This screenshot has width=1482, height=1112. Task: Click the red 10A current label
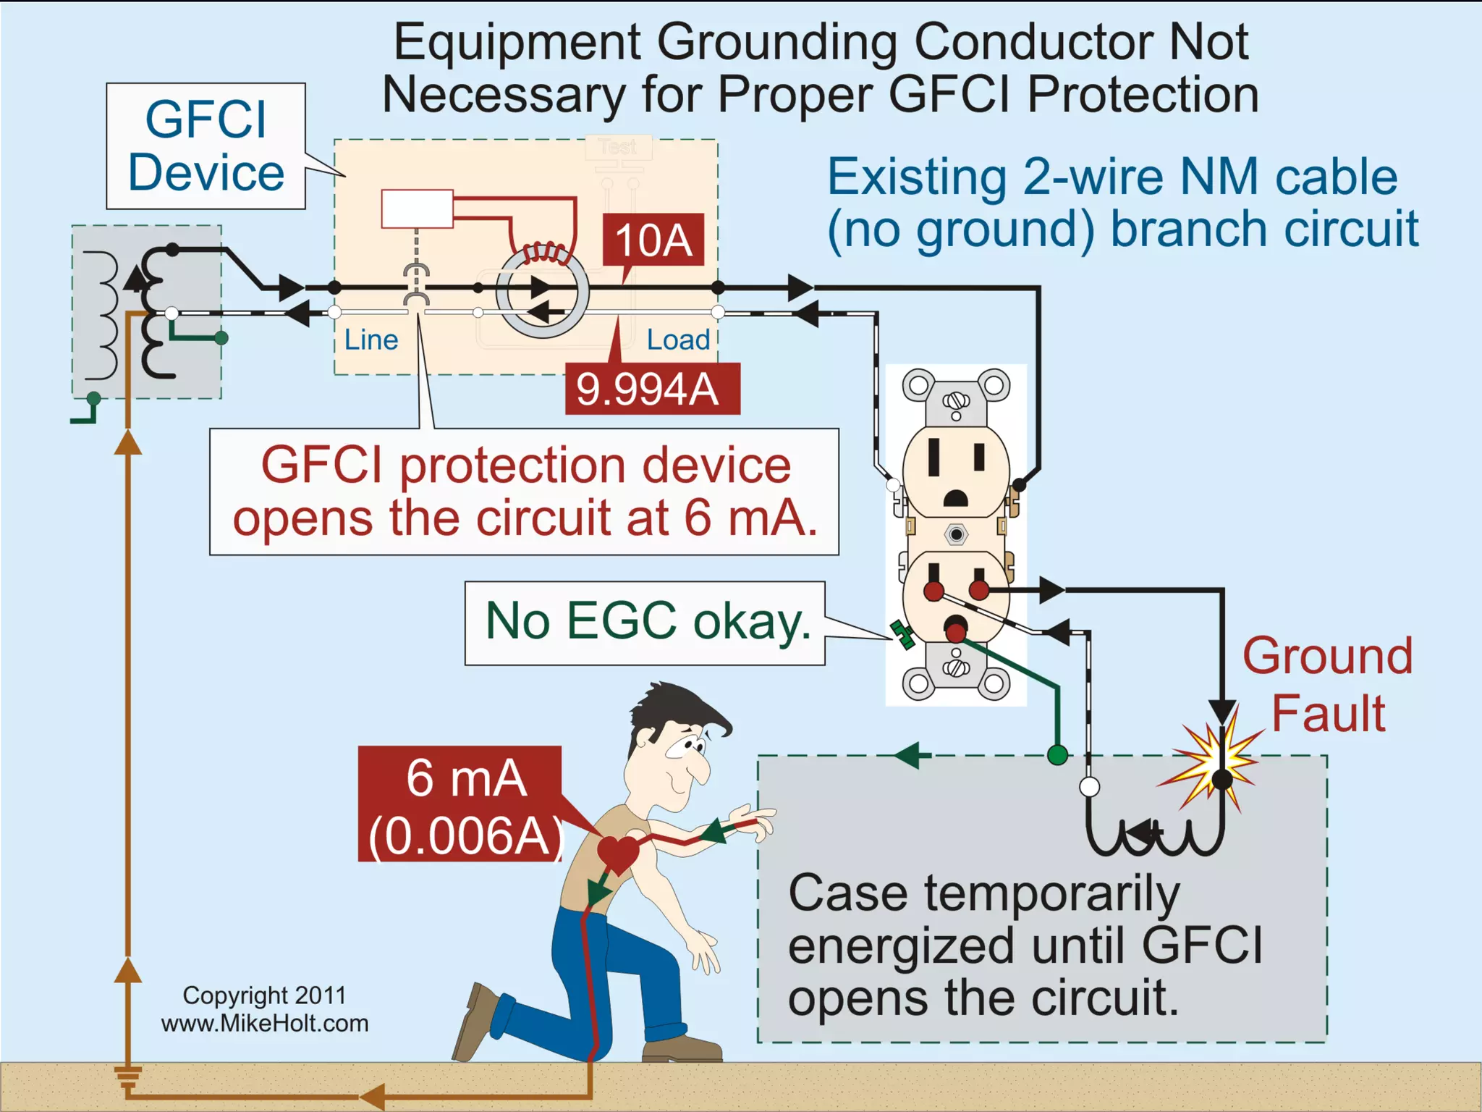[653, 240]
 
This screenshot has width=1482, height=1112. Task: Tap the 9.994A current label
[651, 389]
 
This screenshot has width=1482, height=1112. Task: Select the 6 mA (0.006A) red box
[461, 804]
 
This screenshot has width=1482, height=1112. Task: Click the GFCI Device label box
[206, 146]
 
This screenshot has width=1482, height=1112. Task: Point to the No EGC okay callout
[645, 623]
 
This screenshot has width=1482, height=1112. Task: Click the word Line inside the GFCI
[370, 340]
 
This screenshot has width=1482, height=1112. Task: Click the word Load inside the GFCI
[678, 340]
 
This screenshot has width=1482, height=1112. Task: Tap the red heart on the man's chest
[617, 853]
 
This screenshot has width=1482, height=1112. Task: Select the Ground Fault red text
[1328, 684]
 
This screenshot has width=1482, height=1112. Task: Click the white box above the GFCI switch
[418, 208]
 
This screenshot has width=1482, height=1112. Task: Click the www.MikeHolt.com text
[265, 1023]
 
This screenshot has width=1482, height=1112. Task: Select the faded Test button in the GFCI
[618, 148]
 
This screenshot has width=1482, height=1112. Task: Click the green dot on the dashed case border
[1057, 756]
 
